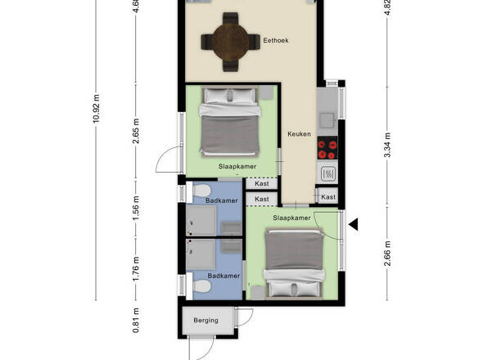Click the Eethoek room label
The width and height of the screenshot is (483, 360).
click(276, 40)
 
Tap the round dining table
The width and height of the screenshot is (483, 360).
click(230, 42)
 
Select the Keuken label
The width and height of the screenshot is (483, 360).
click(299, 134)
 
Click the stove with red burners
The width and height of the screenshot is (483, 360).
click(327, 148)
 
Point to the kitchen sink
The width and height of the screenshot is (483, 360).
click(327, 120)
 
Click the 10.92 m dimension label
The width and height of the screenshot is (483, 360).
click(97, 109)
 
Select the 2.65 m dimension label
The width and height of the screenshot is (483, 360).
click(136, 131)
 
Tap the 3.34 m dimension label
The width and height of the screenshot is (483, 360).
click(387, 145)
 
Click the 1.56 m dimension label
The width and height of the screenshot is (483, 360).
click(136, 208)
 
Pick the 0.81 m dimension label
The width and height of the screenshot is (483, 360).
click(136, 320)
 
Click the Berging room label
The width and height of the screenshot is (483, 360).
click(205, 320)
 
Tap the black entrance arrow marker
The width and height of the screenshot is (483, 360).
click(354, 224)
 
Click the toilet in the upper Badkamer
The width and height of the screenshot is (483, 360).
click(201, 191)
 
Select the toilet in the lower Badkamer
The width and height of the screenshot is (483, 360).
click(201, 286)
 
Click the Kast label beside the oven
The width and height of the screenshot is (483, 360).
click(328, 197)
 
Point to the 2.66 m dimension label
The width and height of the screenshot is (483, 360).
click(387, 254)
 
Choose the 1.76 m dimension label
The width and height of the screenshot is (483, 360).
click(136, 268)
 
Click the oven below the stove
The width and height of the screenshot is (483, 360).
click(327, 173)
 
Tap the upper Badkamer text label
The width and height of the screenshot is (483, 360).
click(222, 200)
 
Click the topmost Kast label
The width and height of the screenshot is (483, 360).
click(262, 183)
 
